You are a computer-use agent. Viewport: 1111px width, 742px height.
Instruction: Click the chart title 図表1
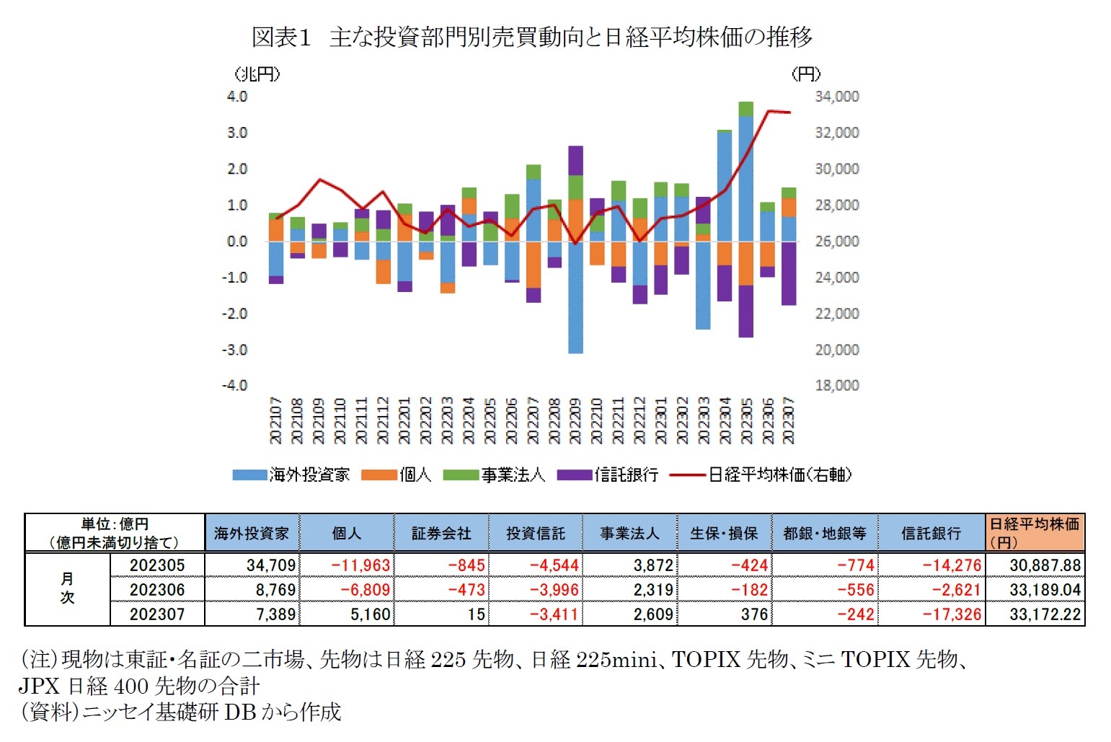coord(281,37)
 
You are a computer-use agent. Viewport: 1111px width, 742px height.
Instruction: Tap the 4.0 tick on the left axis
coord(237,97)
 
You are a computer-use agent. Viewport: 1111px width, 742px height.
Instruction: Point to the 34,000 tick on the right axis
coord(836,97)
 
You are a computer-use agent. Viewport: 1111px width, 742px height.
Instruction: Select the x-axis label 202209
coord(575,420)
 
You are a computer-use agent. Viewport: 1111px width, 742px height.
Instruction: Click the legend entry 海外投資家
coord(291,474)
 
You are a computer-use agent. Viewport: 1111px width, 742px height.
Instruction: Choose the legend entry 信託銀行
coord(608,474)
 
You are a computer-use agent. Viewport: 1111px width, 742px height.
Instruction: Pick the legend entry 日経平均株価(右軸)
coord(761,474)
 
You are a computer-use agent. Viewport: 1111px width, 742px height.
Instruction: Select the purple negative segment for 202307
coord(789,273)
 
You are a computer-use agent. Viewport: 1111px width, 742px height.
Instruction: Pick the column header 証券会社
coord(441,534)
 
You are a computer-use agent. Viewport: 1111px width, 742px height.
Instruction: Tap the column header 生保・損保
coord(724,534)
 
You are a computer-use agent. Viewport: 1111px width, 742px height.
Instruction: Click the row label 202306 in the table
coord(157,590)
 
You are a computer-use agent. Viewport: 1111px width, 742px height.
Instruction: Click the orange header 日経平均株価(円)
coord(1034,533)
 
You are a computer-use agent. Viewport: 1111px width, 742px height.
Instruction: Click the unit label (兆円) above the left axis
coord(257,74)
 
